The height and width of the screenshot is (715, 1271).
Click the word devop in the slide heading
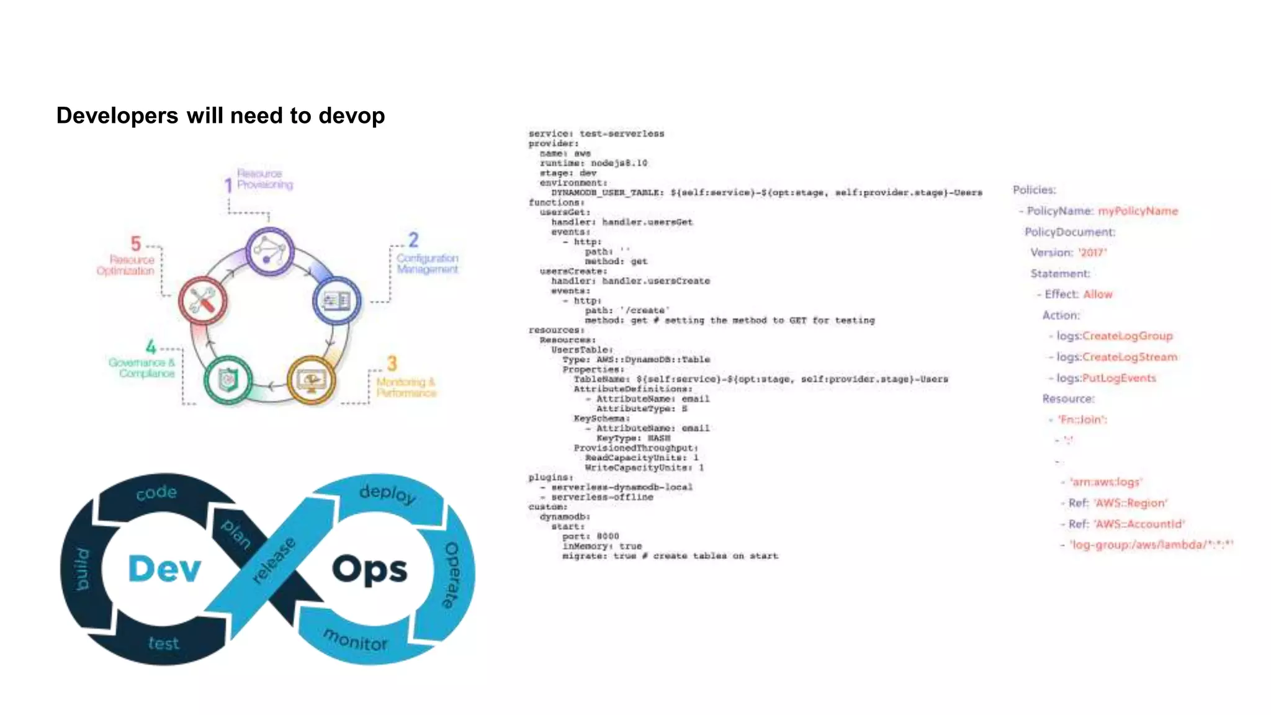[351, 116]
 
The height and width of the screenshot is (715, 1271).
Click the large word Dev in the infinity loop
[164, 569]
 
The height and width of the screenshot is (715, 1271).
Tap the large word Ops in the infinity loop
[370, 569]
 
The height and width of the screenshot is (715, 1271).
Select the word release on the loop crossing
[274, 560]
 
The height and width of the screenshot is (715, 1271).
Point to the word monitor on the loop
[356, 639]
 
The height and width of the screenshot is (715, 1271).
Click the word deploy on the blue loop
[387, 493]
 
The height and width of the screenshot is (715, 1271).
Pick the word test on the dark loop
[164, 643]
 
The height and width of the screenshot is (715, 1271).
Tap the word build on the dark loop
[82, 569]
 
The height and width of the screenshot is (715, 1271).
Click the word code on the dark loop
[156, 493]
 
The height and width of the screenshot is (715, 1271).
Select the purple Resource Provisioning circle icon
[269, 251]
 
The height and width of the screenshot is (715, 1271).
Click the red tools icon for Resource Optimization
[202, 301]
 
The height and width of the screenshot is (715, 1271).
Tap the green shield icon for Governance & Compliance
[228, 380]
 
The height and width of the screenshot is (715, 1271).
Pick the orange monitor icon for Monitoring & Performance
[312, 380]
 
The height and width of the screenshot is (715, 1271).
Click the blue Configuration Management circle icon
[336, 301]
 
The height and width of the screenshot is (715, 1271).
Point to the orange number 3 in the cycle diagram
[392, 363]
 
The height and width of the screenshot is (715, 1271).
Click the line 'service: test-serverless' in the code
[596, 133]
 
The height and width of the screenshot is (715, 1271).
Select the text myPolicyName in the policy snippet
[1138, 211]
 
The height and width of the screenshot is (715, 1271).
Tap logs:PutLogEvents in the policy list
[1106, 378]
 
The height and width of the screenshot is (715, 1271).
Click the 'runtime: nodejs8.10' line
[593, 163]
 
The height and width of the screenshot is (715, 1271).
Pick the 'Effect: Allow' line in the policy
[1078, 294]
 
